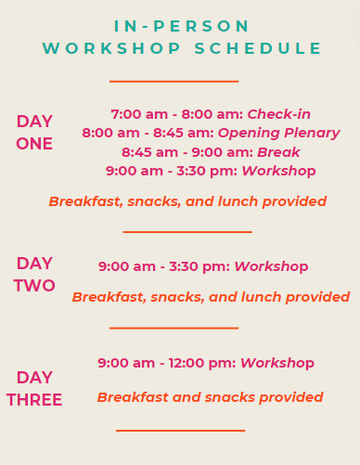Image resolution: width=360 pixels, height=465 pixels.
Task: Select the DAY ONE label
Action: coord(34,133)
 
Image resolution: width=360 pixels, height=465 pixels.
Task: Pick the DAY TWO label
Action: coord(34,275)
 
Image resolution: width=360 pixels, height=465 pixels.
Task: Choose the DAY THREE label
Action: coord(34,389)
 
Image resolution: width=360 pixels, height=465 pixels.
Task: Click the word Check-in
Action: coord(278,114)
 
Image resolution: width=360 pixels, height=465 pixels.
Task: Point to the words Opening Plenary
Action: coord(278,133)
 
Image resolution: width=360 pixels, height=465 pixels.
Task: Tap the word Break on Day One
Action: coord(278,152)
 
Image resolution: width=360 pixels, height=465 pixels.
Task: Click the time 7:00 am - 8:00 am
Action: coord(176,114)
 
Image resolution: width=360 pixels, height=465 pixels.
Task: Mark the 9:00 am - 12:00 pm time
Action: coord(167,363)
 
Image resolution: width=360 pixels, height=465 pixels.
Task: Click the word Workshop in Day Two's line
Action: coord(271,266)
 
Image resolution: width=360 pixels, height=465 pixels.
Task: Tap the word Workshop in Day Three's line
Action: coord(277,363)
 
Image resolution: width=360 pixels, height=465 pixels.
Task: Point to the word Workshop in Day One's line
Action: coord(278,171)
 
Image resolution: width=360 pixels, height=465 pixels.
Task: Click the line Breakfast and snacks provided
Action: coord(210,397)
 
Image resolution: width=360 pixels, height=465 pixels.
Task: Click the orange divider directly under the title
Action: coord(174,82)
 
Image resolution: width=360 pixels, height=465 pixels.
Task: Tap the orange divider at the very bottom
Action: coord(180,431)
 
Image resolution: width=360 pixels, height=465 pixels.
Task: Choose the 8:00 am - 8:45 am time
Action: coord(148,133)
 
